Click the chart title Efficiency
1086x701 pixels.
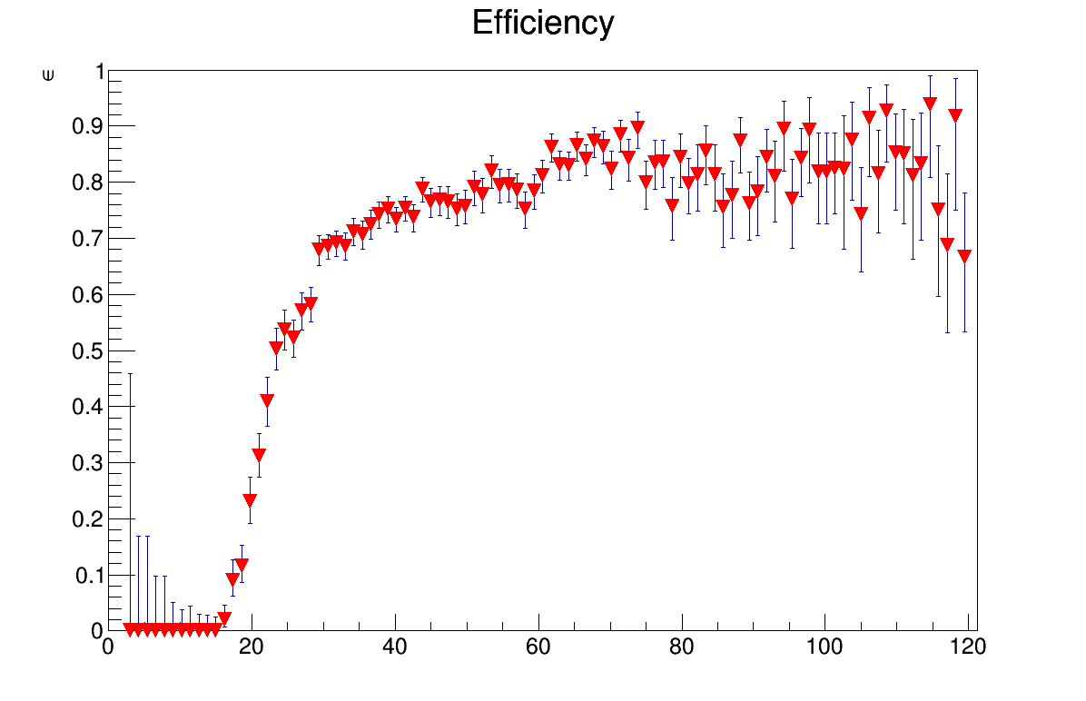[543, 24]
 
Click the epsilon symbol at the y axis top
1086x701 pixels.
[48, 75]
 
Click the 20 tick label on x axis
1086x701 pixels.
[252, 647]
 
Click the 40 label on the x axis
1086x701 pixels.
[395, 647]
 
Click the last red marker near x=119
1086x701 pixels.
[964, 256]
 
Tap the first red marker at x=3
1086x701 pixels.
[130, 629]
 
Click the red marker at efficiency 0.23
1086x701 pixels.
[250, 500]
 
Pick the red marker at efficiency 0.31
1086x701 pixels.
[259, 455]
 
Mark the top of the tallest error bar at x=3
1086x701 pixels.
[130, 373]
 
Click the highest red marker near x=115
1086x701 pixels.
[930, 104]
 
